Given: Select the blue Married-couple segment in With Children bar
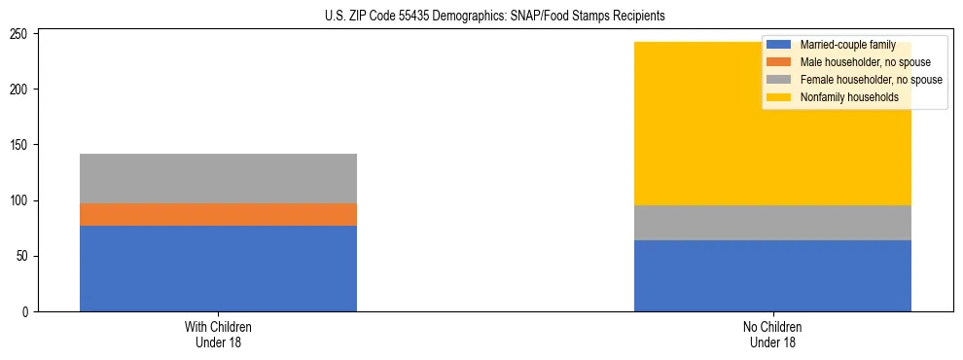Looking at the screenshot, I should click(x=218, y=269).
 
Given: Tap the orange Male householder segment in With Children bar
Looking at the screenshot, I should click(x=218, y=214).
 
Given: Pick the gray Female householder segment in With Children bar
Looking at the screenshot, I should click(x=218, y=178).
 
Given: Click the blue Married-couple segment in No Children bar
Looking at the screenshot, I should click(x=772, y=275).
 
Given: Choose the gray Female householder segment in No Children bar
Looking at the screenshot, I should click(x=772, y=223).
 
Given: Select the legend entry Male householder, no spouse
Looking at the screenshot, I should click(x=865, y=62).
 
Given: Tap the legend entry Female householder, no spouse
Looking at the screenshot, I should click(x=871, y=80).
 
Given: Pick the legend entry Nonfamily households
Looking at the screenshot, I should click(x=849, y=97).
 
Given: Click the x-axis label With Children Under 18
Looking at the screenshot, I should click(x=218, y=334).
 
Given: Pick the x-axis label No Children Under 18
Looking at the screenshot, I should click(x=772, y=334).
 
